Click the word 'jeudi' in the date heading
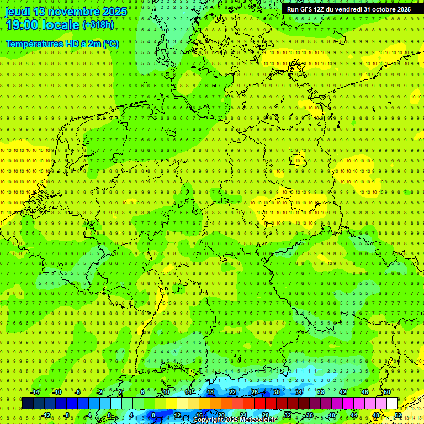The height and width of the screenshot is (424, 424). (x=18, y=12)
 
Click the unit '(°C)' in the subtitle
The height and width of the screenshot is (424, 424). (x=111, y=44)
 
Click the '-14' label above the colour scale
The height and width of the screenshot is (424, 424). (x=35, y=392)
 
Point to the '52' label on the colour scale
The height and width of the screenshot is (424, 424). (x=398, y=415)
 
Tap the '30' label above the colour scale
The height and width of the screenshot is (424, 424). (x=276, y=392)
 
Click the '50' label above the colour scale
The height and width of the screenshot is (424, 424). (x=387, y=392)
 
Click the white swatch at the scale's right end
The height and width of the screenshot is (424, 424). (x=392, y=404)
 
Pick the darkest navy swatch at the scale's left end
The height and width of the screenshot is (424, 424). (x=28, y=404)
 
